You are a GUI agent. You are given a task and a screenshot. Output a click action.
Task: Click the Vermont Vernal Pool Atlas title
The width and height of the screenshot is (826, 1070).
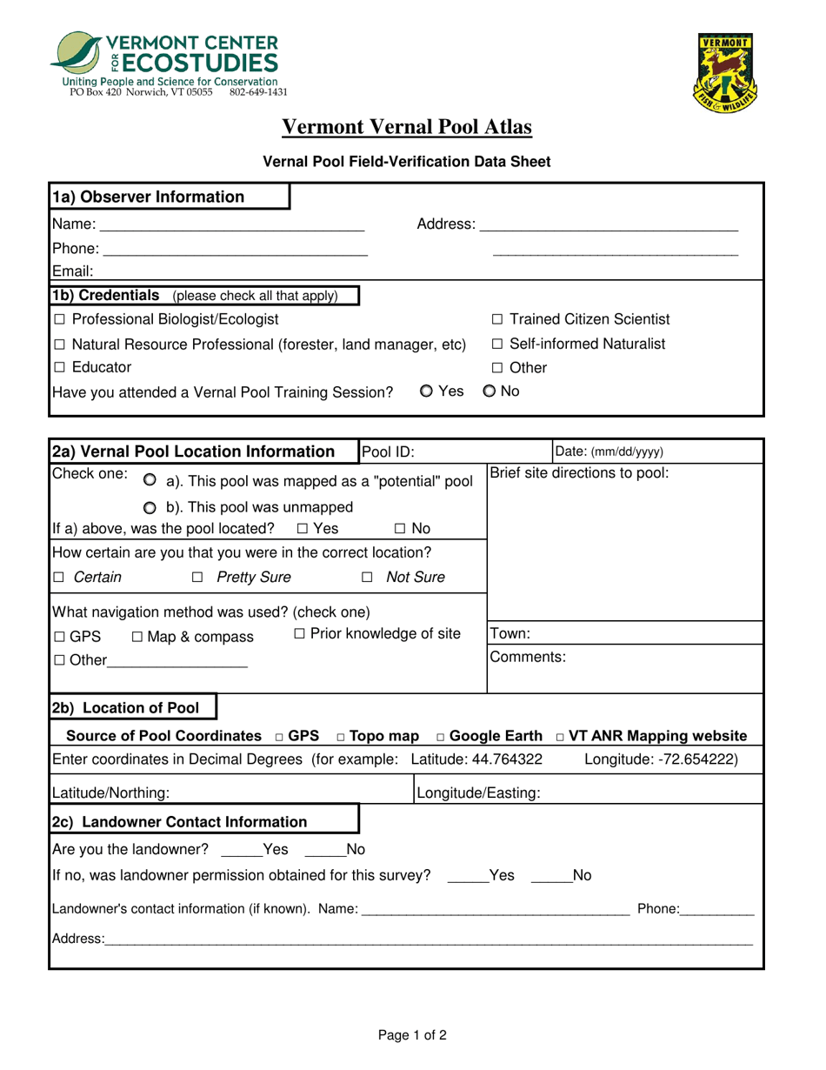click(407, 128)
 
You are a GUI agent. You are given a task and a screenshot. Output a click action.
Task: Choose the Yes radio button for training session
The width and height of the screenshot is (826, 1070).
click(426, 391)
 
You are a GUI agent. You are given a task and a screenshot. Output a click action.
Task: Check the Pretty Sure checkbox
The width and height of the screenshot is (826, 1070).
click(197, 578)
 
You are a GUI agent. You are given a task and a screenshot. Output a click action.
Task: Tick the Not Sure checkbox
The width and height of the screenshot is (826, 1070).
click(368, 578)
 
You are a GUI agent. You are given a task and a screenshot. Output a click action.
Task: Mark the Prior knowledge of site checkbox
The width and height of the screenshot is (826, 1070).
click(299, 634)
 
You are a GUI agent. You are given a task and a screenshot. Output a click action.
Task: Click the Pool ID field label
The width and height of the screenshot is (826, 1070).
click(388, 451)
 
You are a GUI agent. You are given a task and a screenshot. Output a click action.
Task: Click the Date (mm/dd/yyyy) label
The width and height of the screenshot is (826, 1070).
click(609, 451)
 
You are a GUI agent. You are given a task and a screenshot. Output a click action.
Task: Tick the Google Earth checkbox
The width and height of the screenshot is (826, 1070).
click(443, 736)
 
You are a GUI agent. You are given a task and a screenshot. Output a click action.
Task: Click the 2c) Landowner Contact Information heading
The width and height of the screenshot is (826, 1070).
click(180, 822)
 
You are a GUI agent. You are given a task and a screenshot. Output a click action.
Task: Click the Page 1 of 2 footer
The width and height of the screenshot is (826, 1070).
click(412, 1035)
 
